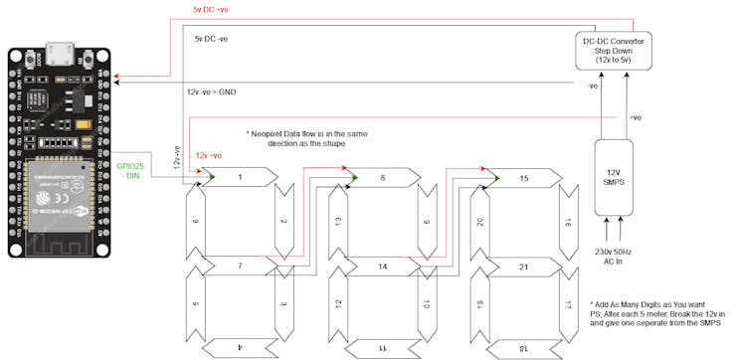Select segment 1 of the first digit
tap(240, 176)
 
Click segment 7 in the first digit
tap(240, 267)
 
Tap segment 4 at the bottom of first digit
tap(240, 347)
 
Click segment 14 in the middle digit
tap(382, 267)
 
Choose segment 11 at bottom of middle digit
tap(382, 349)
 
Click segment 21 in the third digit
tap(523, 267)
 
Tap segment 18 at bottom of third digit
tap(523, 349)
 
